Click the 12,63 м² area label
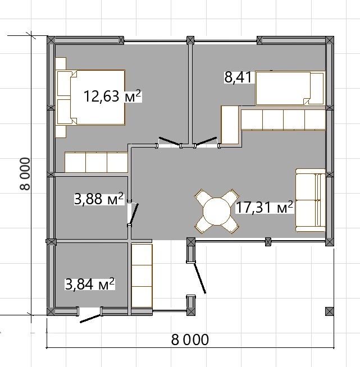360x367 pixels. (x=112, y=96)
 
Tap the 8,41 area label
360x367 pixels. (x=238, y=77)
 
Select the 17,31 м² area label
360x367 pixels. (x=264, y=207)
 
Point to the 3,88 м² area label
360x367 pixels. (x=99, y=199)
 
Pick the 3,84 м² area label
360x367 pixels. (x=90, y=284)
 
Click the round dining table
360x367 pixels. (x=217, y=211)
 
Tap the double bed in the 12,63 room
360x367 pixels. (x=90, y=98)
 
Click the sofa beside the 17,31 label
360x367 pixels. (x=311, y=200)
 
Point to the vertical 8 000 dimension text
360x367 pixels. (x=25, y=174)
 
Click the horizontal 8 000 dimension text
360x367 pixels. (x=190, y=340)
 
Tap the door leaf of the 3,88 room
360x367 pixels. (x=134, y=214)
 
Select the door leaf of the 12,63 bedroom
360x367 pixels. (x=170, y=141)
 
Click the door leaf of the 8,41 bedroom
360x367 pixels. (x=206, y=141)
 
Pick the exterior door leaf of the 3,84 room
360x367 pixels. (x=90, y=319)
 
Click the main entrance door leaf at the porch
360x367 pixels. (x=200, y=278)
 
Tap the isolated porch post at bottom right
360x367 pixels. (x=329, y=311)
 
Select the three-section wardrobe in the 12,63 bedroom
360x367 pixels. (x=96, y=162)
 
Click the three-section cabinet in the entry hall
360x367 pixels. (x=142, y=276)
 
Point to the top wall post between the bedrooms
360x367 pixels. (x=190, y=40)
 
